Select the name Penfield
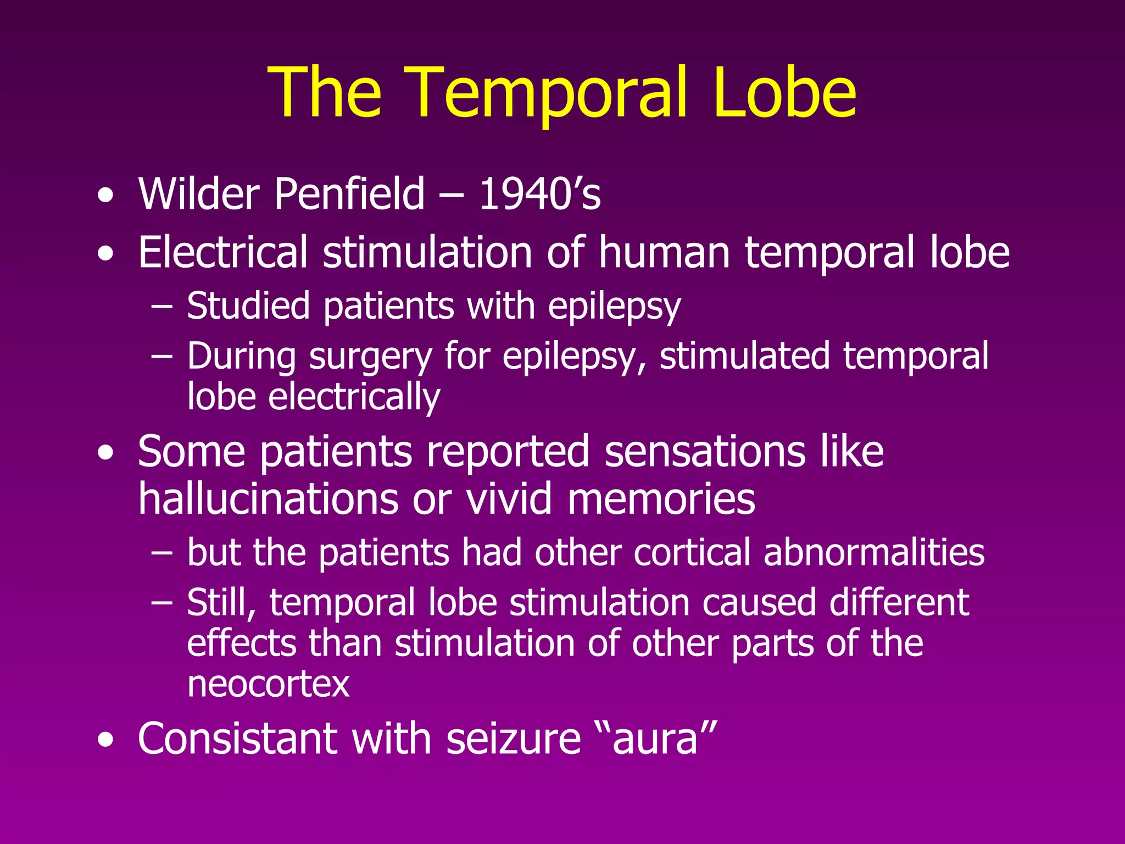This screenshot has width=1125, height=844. pos(349,193)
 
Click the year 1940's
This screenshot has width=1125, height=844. pos(540,193)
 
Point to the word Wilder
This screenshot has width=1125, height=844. pos(199,193)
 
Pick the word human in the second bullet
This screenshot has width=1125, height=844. pos(664,252)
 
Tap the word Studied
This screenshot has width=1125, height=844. pos(248,306)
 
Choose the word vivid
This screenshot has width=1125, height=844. pos(509,499)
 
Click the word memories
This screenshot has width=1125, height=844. pos(661,499)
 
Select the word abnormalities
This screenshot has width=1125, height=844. pos(874,552)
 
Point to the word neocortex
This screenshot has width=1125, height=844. pos(268,684)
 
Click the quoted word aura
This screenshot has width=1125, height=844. pos(655,740)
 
